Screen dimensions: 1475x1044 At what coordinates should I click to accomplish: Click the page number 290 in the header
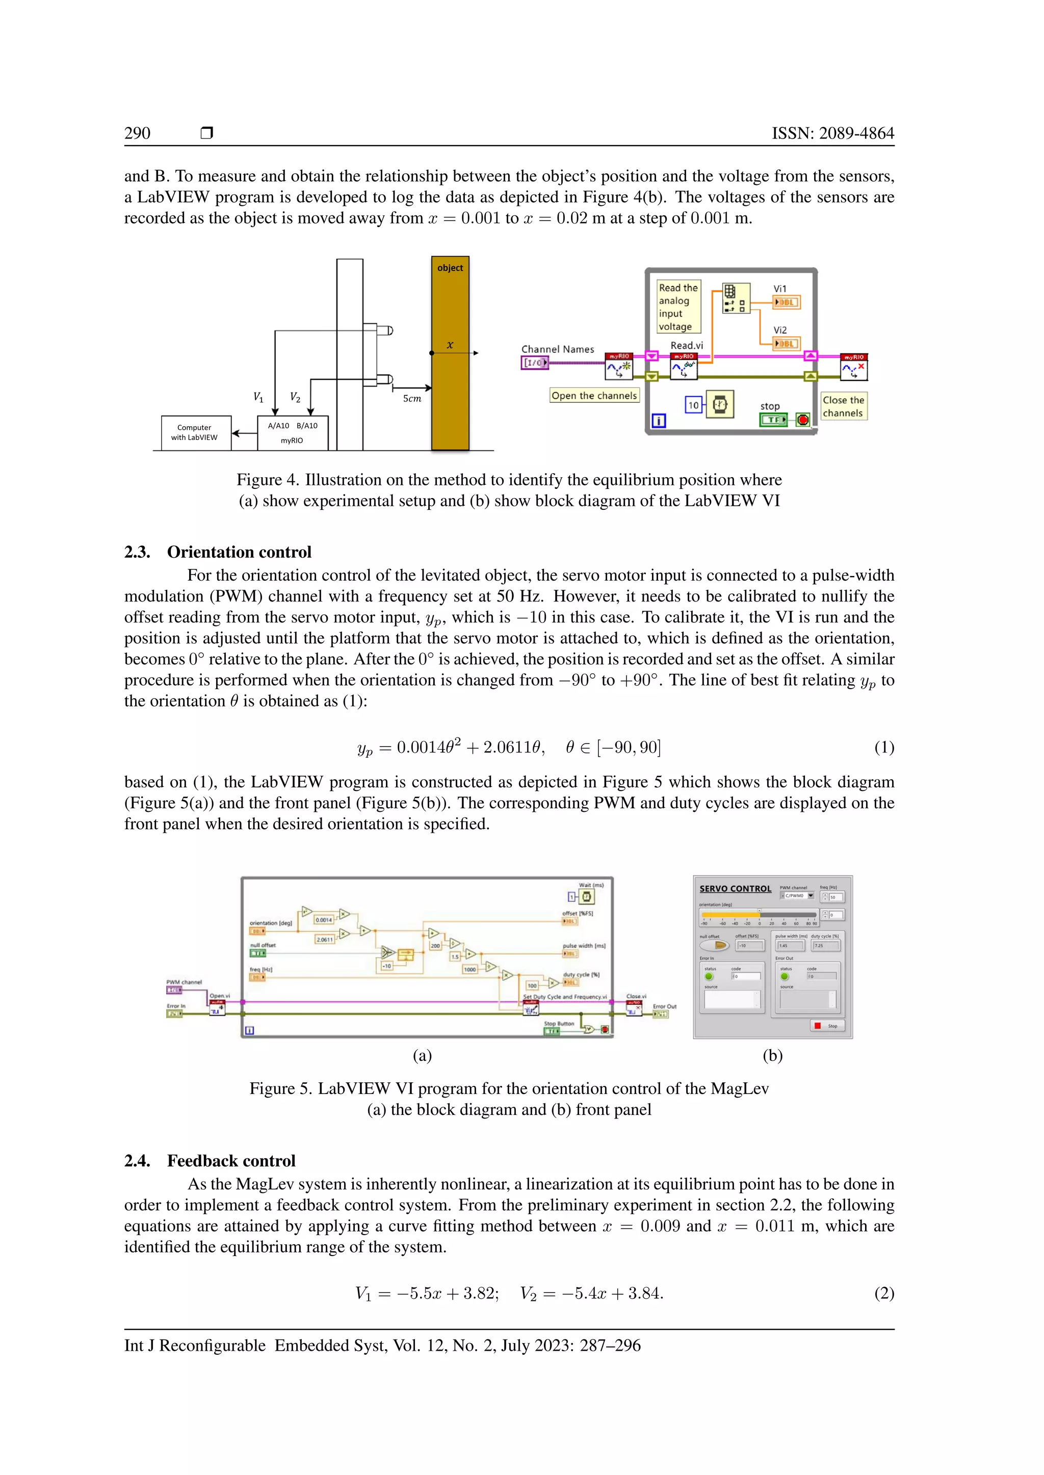[x=137, y=133]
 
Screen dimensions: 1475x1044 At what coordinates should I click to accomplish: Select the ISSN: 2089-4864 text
[x=832, y=133]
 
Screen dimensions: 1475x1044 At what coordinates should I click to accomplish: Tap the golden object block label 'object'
[x=450, y=268]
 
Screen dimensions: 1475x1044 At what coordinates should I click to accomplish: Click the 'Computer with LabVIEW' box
[x=194, y=432]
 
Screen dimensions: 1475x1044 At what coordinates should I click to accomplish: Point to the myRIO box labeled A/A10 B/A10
[x=293, y=432]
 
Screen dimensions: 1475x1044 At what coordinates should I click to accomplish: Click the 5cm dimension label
[x=412, y=398]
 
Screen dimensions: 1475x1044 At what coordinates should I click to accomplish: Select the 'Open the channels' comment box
[x=594, y=396]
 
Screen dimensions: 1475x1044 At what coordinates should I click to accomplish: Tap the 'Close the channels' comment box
[x=844, y=406]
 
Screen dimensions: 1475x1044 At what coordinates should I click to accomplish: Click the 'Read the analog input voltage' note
[x=678, y=307]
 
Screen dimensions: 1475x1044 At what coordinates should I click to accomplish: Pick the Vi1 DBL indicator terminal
[x=786, y=302]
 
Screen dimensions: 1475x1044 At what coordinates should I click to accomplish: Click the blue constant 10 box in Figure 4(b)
[x=693, y=405]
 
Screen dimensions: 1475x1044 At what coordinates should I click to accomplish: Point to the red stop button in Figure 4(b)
[x=803, y=420]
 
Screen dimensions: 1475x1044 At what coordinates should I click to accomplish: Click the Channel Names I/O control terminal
[x=534, y=362]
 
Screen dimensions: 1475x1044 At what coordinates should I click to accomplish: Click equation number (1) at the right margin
[x=884, y=747]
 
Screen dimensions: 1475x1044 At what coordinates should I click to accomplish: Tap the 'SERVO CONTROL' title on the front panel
[x=735, y=888]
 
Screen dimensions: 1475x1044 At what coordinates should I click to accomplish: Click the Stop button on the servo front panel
[x=827, y=1025]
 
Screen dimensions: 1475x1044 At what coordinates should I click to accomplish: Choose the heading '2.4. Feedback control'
[x=210, y=1160]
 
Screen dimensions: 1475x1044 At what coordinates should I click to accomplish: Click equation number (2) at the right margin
[x=884, y=1293]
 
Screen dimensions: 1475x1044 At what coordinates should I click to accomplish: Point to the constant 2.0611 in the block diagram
[x=325, y=939]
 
